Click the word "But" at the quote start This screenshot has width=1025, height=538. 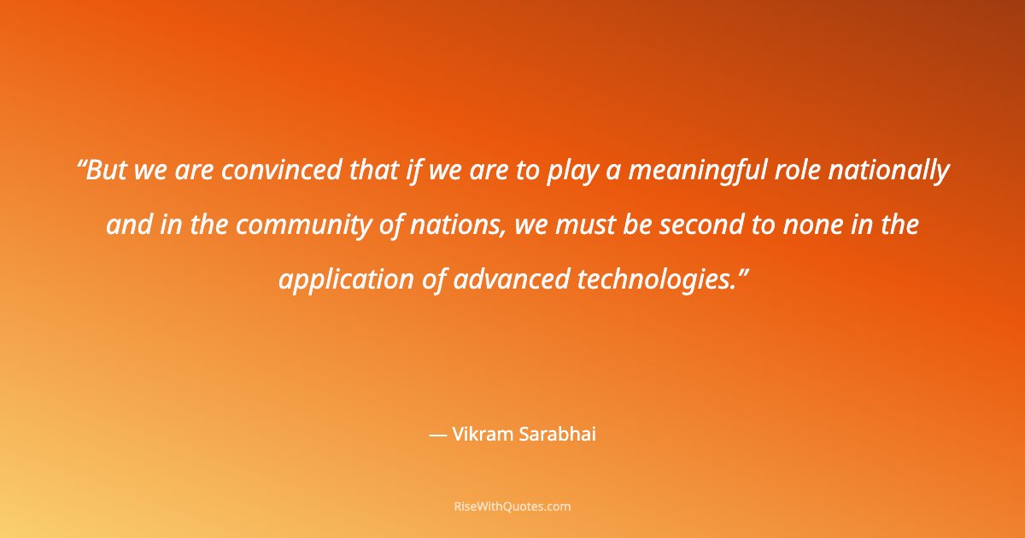(107, 172)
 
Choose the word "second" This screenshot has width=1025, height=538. (696, 225)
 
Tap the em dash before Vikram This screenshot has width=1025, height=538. (437, 435)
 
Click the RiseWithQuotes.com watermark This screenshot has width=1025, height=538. (512, 506)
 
